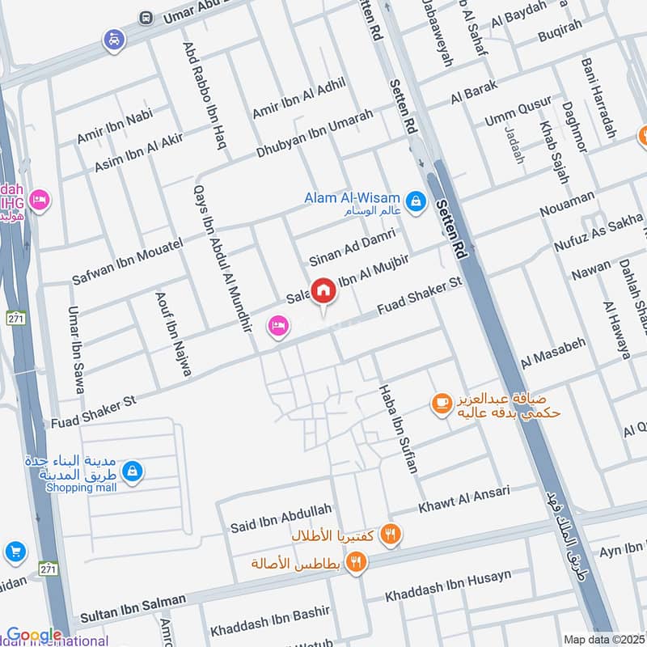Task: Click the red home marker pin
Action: pyautogui.click(x=323, y=290)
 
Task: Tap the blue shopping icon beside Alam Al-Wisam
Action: pyautogui.click(x=416, y=201)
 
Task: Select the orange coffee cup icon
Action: pyautogui.click(x=441, y=402)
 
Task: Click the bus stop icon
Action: pyautogui.click(x=146, y=17)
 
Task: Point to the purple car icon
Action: pyautogui.click(x=112, y=38)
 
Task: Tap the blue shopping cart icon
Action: pyautogui.click(x=15, y=553)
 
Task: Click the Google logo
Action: pyautogui.click(x=34, y=636)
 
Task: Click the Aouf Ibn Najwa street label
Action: pyautogui.click(x=173, y=332)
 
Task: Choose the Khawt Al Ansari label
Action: pyautogui.click(x=463, y=500)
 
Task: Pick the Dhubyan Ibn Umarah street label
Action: pyautogui.click(x=315, y=133)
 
